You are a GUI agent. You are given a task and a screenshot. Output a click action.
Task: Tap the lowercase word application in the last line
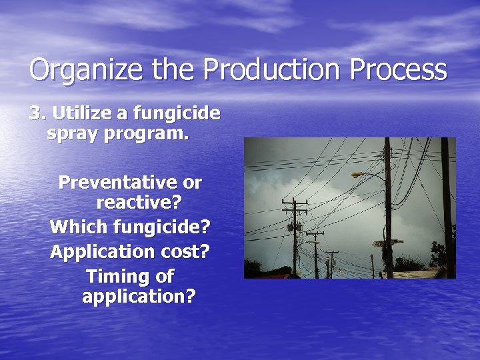pos(139,296)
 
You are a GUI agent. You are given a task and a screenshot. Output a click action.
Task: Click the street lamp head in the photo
pos(359,175)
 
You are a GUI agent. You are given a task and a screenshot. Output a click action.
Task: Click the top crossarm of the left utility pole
pos(293,201)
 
